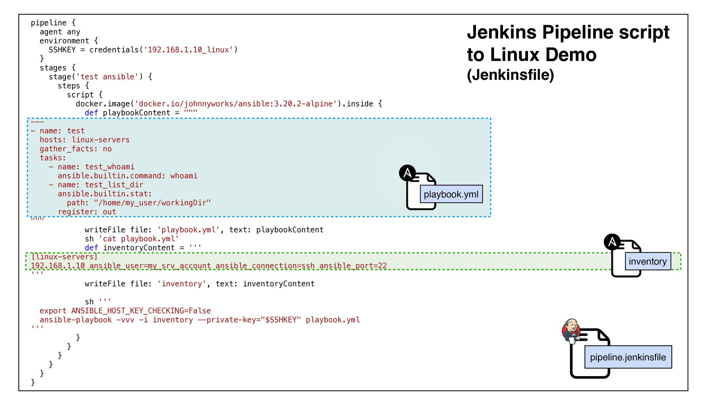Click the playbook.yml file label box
[451, 194]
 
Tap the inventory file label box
[647, 261]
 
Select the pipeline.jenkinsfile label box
[628, 357]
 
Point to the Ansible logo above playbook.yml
[407, 173]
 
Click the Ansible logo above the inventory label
[612, 242]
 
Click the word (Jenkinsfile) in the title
[510, 75]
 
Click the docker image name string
[235, 104]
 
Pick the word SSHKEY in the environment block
[62, 50]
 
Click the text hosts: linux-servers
[85, 140]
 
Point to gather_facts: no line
[76, 149]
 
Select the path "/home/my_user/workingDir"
[152, 203]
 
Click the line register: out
[87, 212]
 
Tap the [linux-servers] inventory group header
[64, 257]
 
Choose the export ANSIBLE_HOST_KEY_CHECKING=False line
[125, 311]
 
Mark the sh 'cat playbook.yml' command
[131, 239]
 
